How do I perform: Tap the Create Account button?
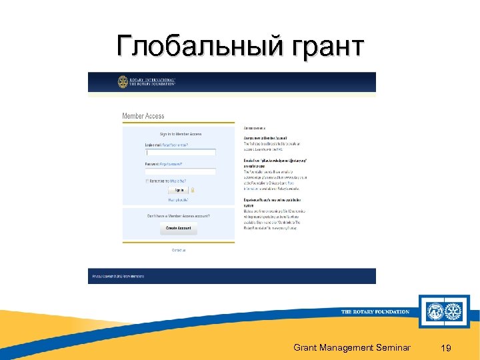pos(178,228)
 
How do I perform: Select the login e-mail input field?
pos(181,152)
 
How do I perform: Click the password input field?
pos(181,171)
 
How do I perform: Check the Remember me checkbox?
pos(147,181)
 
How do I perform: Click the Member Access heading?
pos(143,116)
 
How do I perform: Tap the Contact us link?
pos(179,250)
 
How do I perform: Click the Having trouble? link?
pos(179,199)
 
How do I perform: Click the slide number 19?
pos(446,347)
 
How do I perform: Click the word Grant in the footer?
pos(306,347)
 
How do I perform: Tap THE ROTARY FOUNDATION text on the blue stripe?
pos(375,312)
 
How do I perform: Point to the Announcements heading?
pos(255,127)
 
